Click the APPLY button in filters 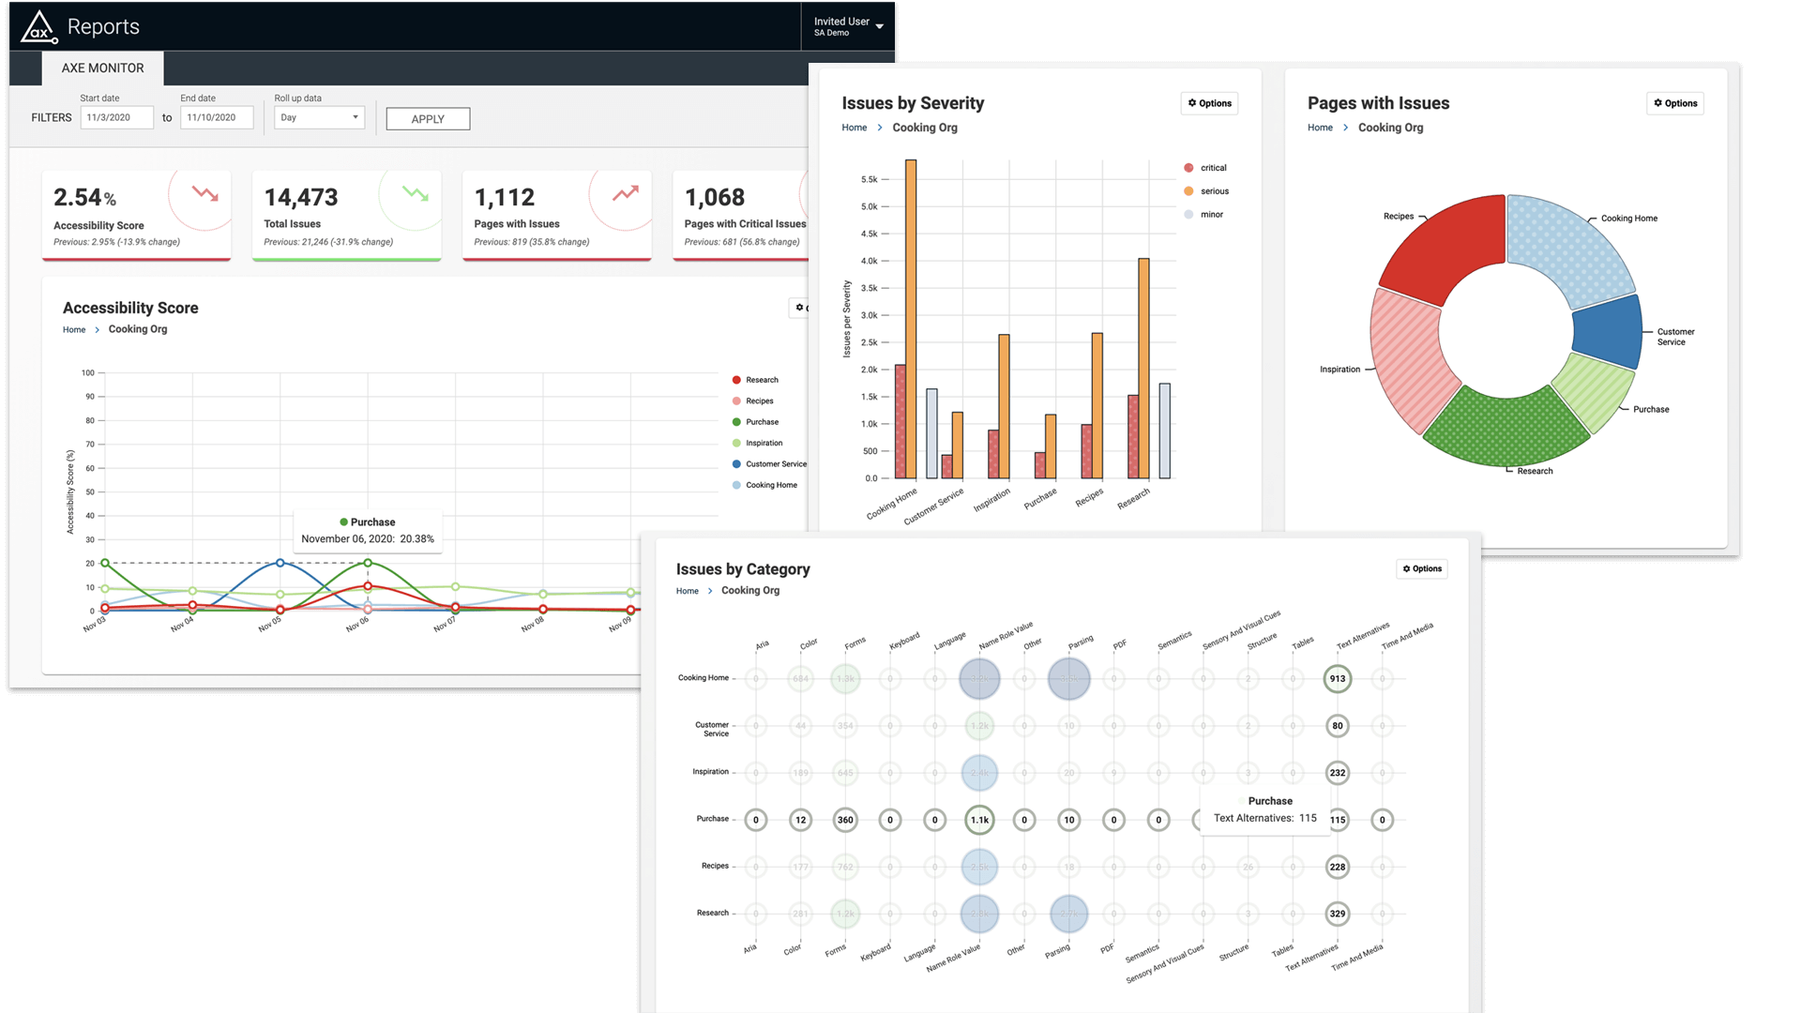pos(428,119)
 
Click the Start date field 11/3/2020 pos(116,117)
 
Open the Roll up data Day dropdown pos(319,117)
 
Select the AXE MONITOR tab pos(102,68)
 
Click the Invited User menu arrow pos(879,26)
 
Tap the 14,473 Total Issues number pos(301,198)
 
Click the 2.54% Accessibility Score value pos(84,198)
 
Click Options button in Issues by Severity pos(1209,103)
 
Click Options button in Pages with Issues pos(1674,103)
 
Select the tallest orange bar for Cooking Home pos(911,319)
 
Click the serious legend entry pos(1214,191)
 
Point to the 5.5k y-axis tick pos(870,179)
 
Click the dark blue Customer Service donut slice pos(1607,332)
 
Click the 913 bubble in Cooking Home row pos(1337,678)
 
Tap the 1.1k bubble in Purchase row pos(979,820)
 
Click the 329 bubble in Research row pos(1337,914)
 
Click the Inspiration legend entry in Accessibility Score pos(764,443)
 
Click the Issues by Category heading pos(742,569)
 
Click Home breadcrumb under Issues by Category pos(687,591)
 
